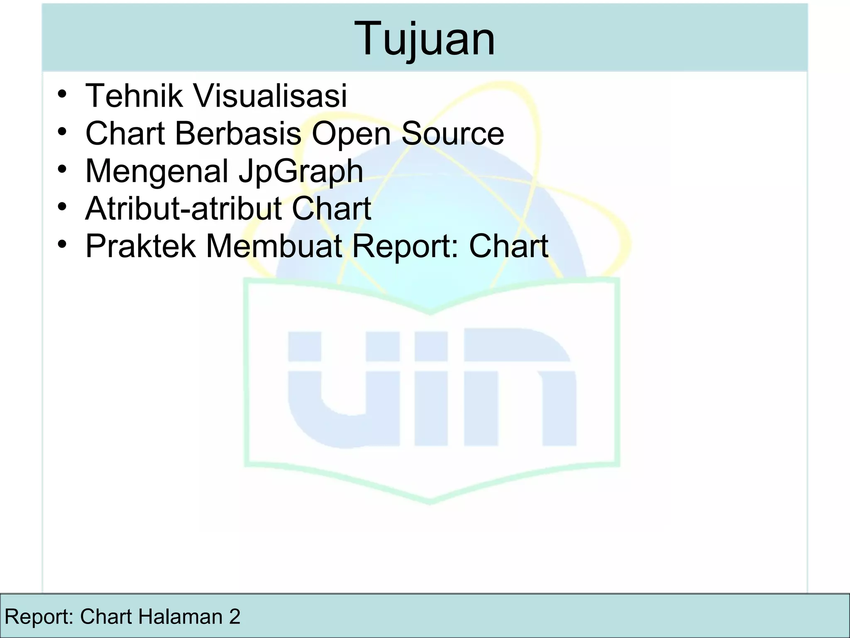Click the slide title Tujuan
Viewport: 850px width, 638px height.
425,39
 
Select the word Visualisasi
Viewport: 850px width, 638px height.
270,96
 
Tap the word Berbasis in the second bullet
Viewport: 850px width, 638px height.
238,133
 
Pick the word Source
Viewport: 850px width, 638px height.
452,133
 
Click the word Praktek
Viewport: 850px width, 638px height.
140,246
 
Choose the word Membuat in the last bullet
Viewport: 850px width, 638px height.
274,246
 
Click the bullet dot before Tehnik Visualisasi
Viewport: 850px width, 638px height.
62,95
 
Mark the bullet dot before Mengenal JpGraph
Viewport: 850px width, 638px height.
62,169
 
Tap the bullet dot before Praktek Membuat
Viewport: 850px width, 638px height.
62,244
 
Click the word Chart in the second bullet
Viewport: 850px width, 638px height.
125,133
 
